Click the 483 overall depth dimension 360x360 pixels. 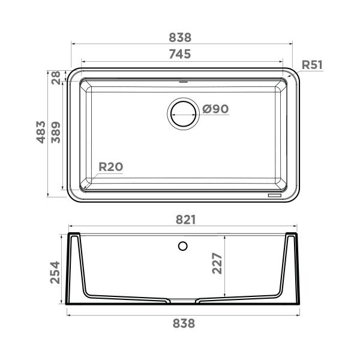click(41, 132)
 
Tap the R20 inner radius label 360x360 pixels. click(110, 167)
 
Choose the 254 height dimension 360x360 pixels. click(55, 272)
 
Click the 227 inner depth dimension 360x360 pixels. click(217, 263)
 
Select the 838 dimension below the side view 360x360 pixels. click(184, 323)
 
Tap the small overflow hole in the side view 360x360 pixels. click(184, 245)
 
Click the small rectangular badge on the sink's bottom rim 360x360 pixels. click(274, 195)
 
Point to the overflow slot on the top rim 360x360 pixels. click(184, 79)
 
